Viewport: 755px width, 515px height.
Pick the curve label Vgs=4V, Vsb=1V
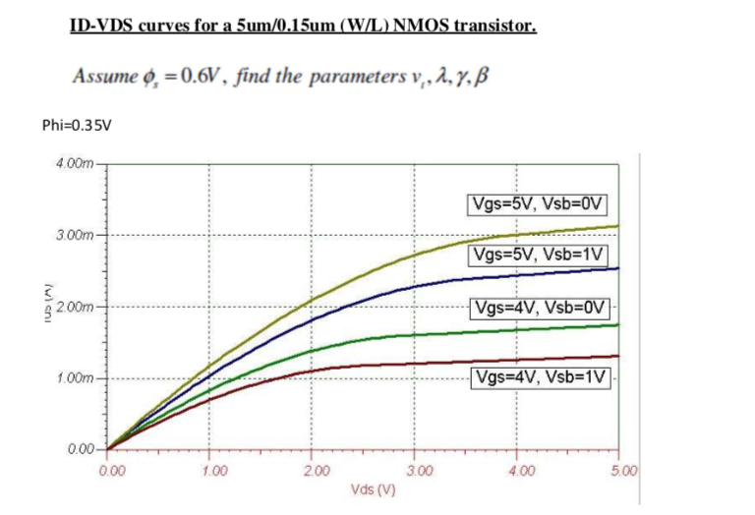541,378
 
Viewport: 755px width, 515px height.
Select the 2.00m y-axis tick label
74,308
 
